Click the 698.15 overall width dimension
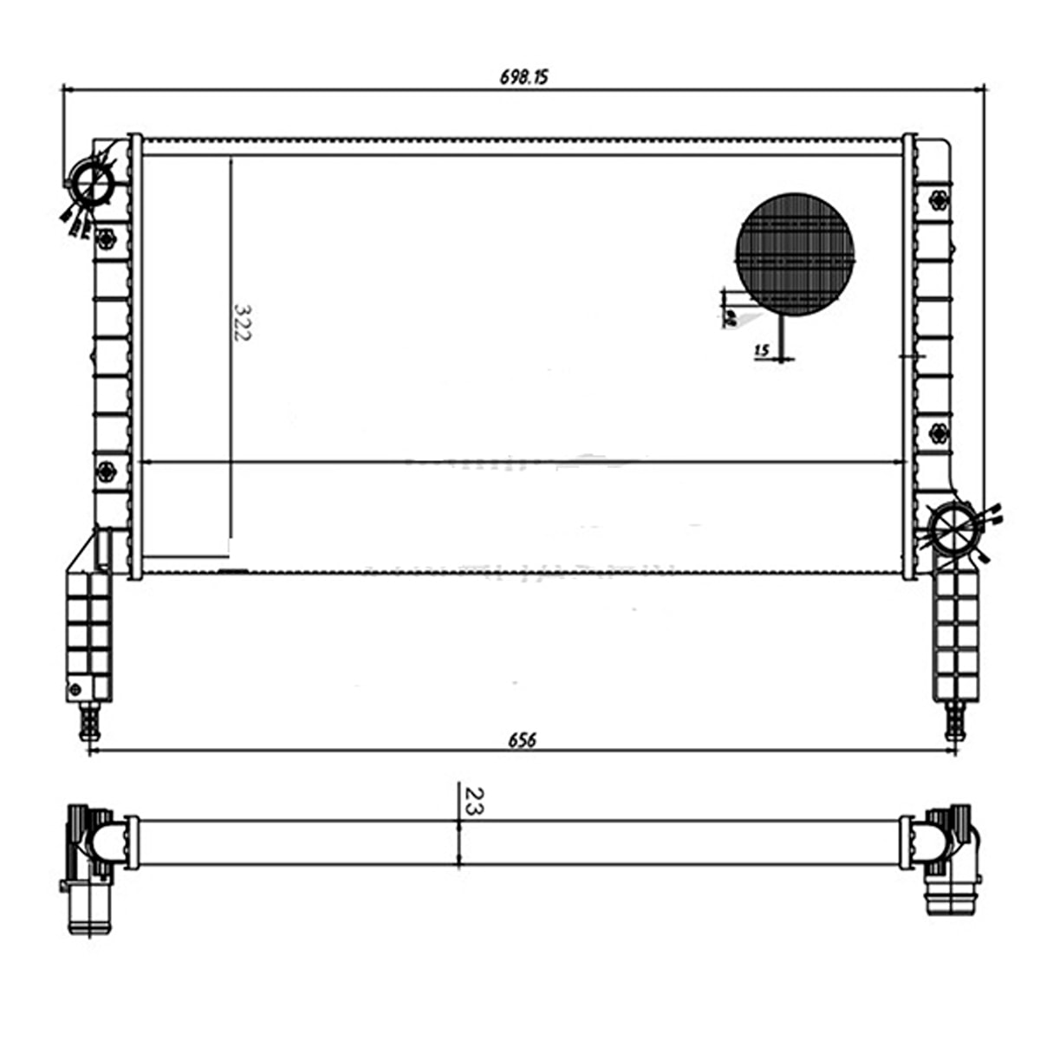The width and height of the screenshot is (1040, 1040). click(523, 77)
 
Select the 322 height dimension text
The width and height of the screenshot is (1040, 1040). click(242, 322)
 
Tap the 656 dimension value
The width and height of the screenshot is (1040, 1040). click(522, 740)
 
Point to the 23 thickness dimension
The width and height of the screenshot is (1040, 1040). click(474, 800)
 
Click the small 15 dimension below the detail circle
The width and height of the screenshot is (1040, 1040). click(762, 351)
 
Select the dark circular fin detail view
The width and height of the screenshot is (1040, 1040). click(795, 254)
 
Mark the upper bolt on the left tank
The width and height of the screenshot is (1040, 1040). click(107, 238)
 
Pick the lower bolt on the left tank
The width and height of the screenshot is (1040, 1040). click(106, 471)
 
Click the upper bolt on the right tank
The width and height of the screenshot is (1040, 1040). click(937, 201)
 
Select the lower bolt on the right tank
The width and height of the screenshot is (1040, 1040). click(937, 433)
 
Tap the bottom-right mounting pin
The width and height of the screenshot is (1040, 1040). click(954, 719)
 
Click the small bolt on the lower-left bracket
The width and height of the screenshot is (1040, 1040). click(75, 689)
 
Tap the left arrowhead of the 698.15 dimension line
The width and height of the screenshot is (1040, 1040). click(66, 88)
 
